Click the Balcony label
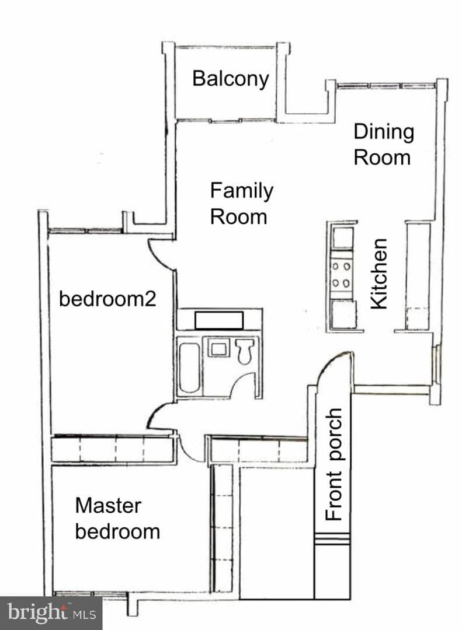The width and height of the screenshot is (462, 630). pyautogui.click(x=231, y=79)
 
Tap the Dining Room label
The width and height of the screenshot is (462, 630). pyautogui.click(x=384, y=145)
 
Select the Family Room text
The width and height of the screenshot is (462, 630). pyautogui.click(x=241, y=204)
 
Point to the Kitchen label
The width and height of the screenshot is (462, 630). pyautogui.click(x=379, y=274)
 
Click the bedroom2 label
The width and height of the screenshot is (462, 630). pyautogui.click(x=107, y=299)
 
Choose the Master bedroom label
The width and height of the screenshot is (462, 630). pyautogui.click(x=117, y=519)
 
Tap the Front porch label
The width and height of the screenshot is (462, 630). pyautogui.click(x=334, y=464)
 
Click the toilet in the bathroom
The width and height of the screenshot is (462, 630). pyautogui.click(x=245, y=351)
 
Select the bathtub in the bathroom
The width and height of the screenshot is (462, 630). pyautogui.click(x=189, y=367)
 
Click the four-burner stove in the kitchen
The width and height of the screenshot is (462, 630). pyautogui.click(x=341, y=275)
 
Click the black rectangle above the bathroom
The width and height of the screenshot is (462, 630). pyautogui.click(x=219, y=320)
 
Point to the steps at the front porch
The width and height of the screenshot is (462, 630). pyautogui.click(x=332, y=539)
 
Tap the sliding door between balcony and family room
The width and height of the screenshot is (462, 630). pyautogui.click(x=225, y=120)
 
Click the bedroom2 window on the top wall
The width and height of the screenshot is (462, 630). pyautogui.click(x=85, y=230)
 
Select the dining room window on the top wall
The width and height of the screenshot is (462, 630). pyautogui.click(x=386, y=86)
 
